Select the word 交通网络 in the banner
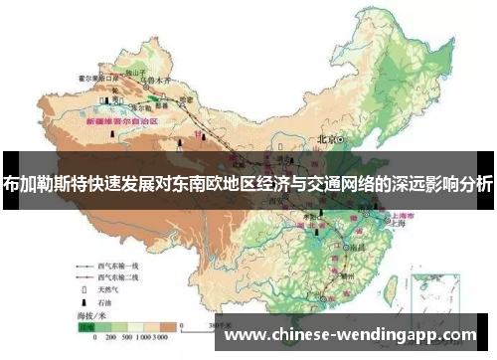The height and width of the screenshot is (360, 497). click(342, 183)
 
